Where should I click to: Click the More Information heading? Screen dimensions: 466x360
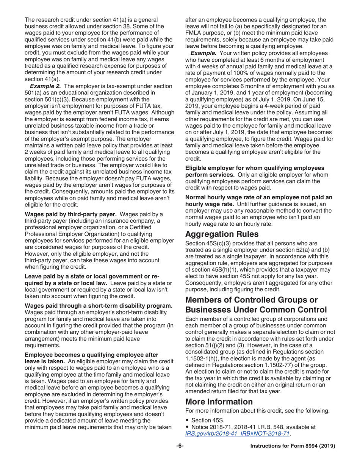tap(219, 401)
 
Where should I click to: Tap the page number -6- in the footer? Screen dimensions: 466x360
tap(180, 446)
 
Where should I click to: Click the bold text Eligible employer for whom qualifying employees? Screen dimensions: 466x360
tap(254, 167)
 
